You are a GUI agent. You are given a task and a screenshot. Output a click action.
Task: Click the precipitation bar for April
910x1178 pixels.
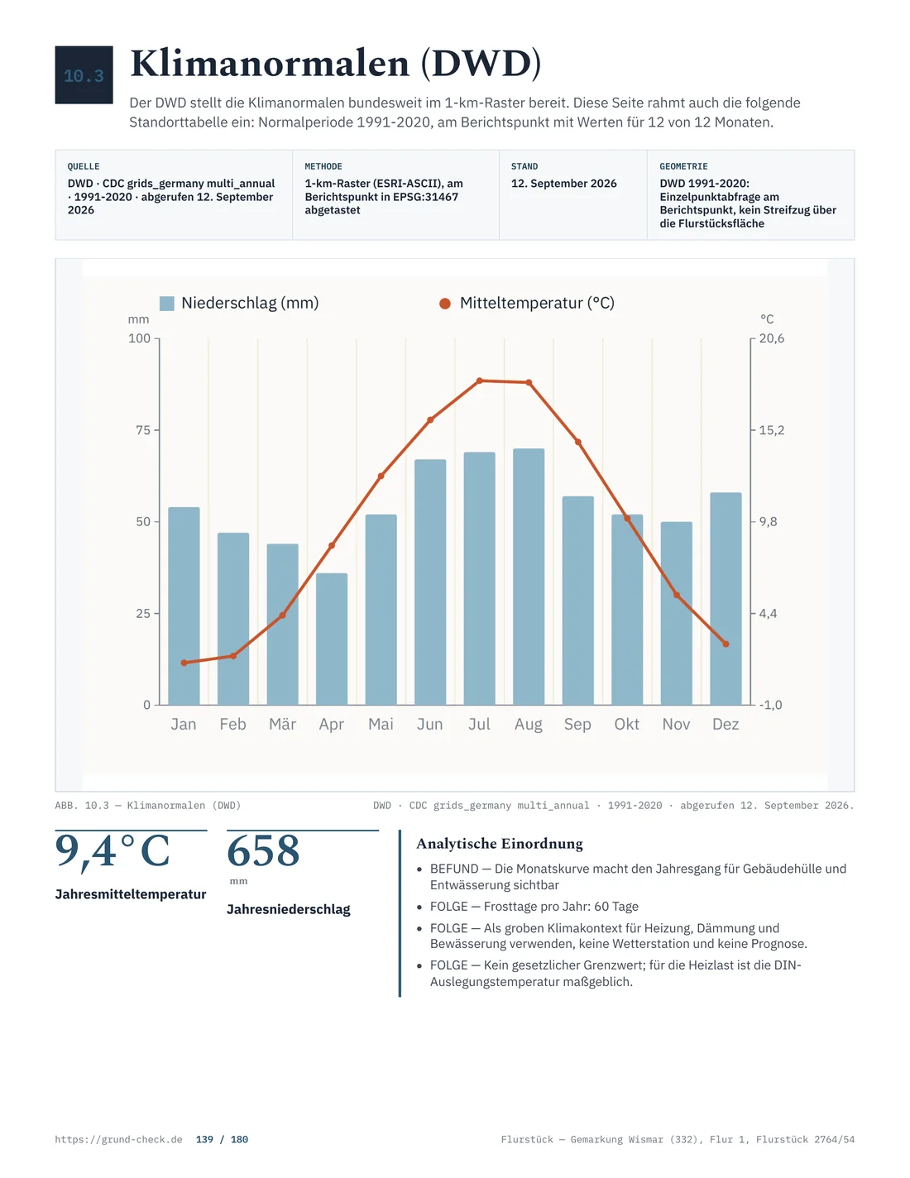pos(332,639)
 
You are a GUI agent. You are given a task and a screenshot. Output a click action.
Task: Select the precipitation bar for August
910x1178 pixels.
pos(529,577)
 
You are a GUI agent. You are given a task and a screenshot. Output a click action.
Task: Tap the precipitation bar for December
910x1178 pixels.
pos(726,598)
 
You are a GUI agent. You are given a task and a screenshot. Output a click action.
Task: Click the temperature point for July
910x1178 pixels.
pos(479,381)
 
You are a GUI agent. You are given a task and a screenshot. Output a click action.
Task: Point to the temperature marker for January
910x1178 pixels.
pos(184,663)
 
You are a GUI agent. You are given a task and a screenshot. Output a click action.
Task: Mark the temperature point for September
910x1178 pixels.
pos(577,442)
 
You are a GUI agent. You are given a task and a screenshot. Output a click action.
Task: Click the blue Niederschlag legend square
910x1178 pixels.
pos(167,303)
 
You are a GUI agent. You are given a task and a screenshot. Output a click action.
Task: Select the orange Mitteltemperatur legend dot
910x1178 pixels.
pos(445,304)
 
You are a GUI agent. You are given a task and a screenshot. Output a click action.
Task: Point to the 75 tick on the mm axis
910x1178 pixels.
pos(143,430)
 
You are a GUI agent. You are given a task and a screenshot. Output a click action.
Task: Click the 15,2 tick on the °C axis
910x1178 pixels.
pos(771,430)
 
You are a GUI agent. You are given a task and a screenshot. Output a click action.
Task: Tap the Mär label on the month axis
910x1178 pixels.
pos(282,725)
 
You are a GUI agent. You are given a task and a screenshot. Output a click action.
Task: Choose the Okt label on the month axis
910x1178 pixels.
pos(626,725)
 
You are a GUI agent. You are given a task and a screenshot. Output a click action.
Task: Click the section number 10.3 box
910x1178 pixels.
pos(84,74)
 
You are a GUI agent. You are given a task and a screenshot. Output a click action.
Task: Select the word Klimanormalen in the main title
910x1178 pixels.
pos(270,64)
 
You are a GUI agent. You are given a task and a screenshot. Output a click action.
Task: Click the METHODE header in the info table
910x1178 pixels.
pos(323,166)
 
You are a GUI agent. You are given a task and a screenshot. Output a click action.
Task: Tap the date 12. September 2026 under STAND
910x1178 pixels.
pos(563,183)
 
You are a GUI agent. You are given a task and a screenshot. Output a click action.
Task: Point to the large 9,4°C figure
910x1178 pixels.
pos(113,850)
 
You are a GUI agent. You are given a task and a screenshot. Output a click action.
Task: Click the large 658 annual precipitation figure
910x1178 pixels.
pos(263,850)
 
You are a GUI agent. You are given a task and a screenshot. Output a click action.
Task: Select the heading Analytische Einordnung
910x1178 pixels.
pos(499,844)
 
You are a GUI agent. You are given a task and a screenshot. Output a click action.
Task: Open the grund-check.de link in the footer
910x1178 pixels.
pos(118,1139)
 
